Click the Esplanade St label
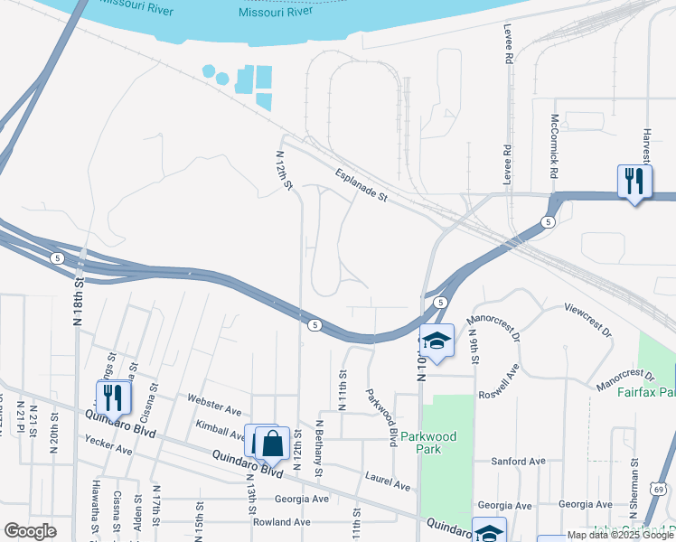(360, 184)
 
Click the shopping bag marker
(272, 444)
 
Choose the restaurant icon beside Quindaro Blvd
(114, 397)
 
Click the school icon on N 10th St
(437, 341)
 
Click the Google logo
(30, 530)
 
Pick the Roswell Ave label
(499, 380)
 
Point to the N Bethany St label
(319, 449)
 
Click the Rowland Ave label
(281, 522)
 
